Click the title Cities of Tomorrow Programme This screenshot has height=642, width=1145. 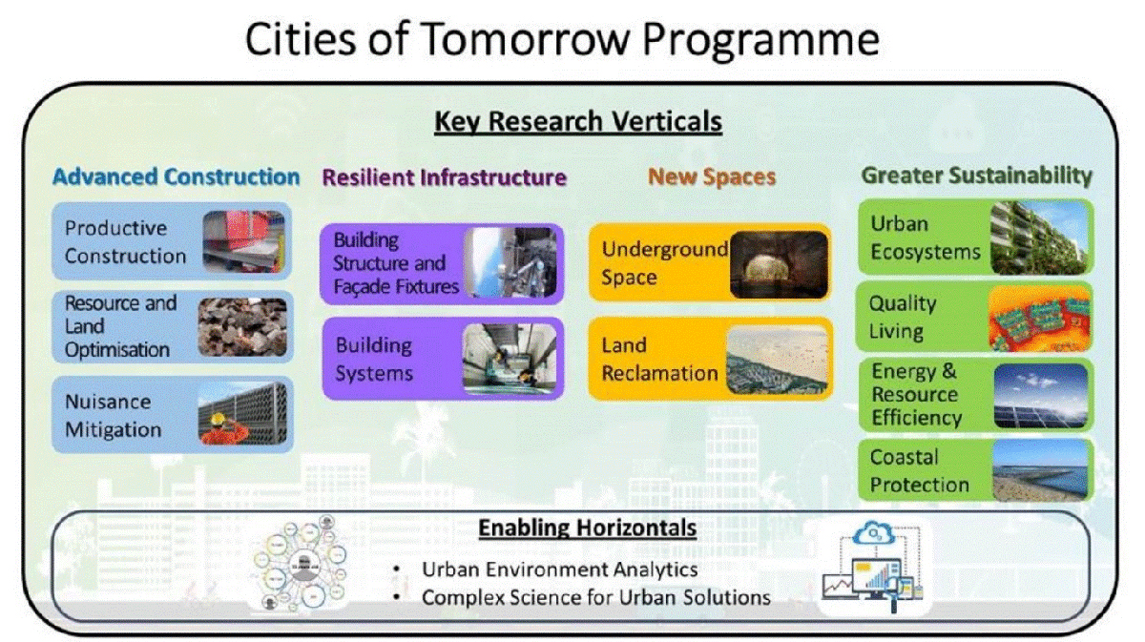(561, 41)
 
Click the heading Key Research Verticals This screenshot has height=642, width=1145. (577, 122)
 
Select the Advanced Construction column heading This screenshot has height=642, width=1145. (177, 176)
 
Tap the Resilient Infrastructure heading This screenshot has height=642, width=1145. (445, 177)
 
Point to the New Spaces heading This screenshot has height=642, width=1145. (712, 177)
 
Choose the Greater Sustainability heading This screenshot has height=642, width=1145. (976, 176)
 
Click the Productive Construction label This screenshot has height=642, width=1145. (125, 242)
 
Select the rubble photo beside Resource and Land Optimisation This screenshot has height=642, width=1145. (241, 327)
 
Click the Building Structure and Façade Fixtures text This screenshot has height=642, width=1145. (396, 262)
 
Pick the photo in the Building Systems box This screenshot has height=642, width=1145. (508, 360)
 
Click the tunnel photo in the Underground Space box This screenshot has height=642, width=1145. (778, 262)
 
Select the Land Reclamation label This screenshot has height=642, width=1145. (659, 359)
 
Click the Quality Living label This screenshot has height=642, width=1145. (902, 318)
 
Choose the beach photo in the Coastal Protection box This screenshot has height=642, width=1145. (1039, 470)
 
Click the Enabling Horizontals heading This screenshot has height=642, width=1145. (587, 528)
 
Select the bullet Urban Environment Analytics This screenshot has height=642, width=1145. (560, 570)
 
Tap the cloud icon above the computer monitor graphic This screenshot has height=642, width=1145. (875, 533)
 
